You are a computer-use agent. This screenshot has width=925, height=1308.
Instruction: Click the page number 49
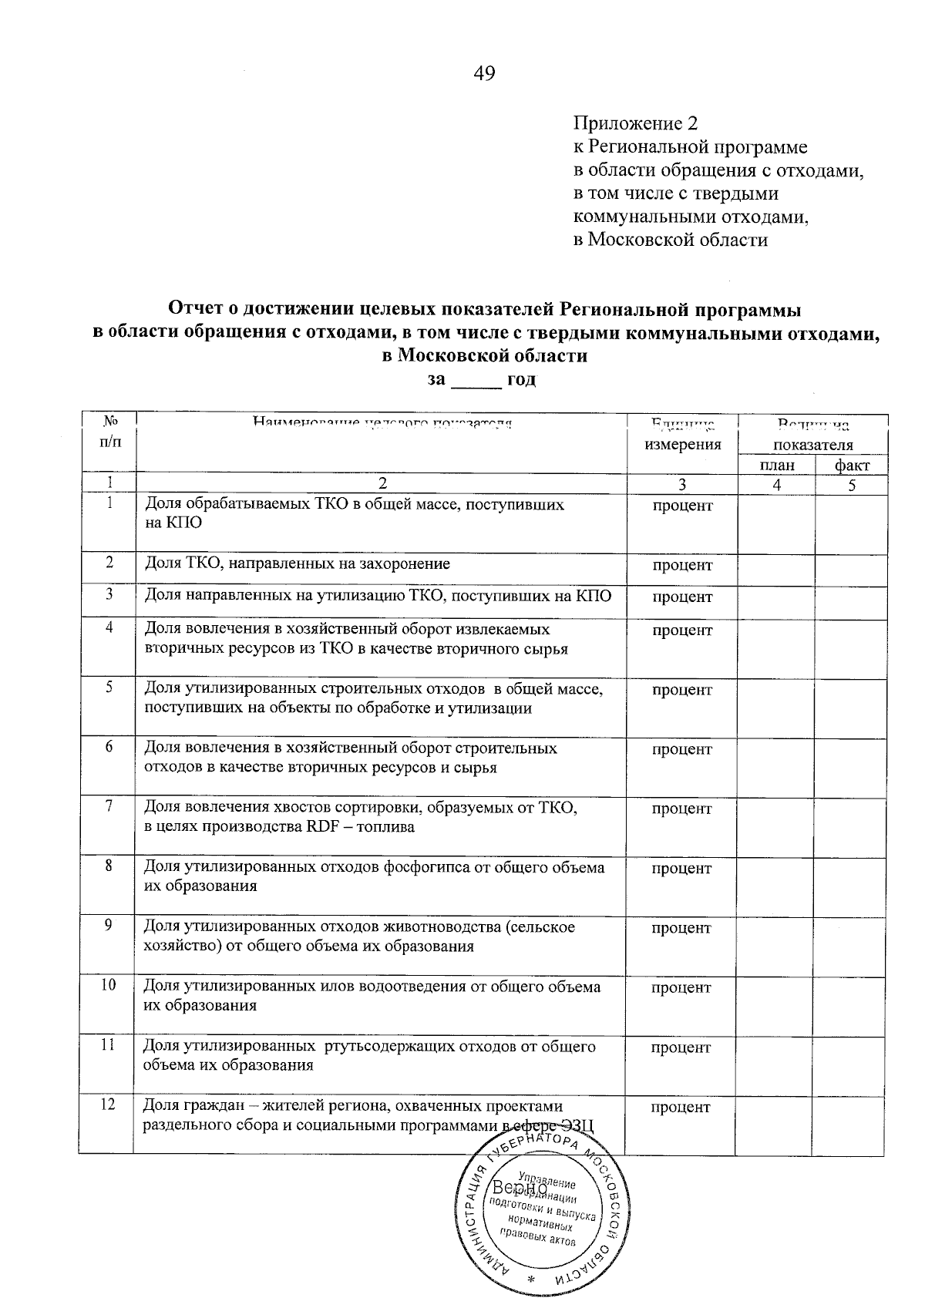coord(484,73)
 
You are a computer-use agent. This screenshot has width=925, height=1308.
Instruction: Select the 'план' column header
coord(776,465)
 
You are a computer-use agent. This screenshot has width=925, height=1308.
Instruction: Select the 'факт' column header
coord(851,465)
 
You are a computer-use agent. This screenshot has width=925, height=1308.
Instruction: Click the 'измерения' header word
coord(682,445)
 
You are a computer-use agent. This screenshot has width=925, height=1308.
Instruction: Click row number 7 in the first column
coord(109,806)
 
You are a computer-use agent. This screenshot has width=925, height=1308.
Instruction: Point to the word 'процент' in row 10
coord(681,987)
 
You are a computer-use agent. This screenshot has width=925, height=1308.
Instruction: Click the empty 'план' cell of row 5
coord(775,705)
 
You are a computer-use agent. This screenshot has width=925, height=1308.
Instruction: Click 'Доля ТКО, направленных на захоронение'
coord(297,564)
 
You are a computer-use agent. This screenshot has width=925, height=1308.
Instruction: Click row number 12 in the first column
coord(108,1105)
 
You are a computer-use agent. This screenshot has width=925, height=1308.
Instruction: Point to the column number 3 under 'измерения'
coord(681,485)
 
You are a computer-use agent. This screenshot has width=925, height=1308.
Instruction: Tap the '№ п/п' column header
coord(109,432)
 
